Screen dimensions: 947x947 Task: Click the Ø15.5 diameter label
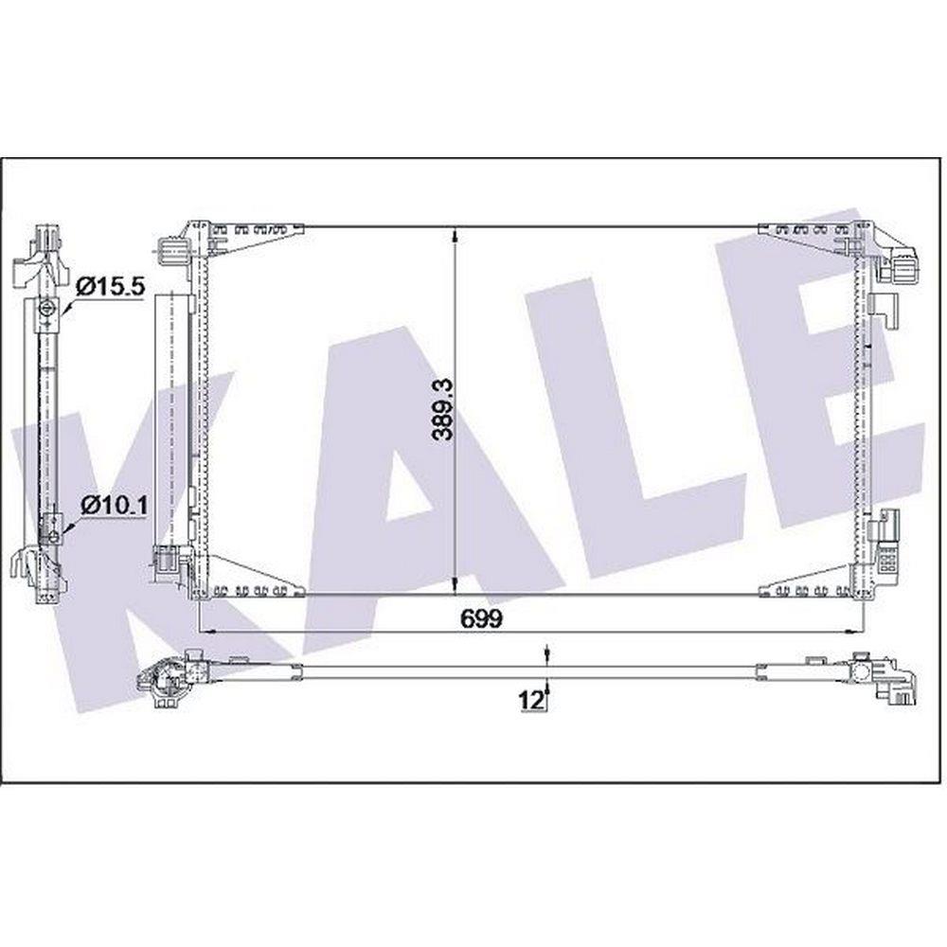(112, 286)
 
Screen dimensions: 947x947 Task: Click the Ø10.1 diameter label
(114, 505)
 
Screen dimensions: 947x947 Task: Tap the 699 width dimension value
(481, 617)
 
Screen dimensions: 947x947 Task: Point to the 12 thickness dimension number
(529, 700)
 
